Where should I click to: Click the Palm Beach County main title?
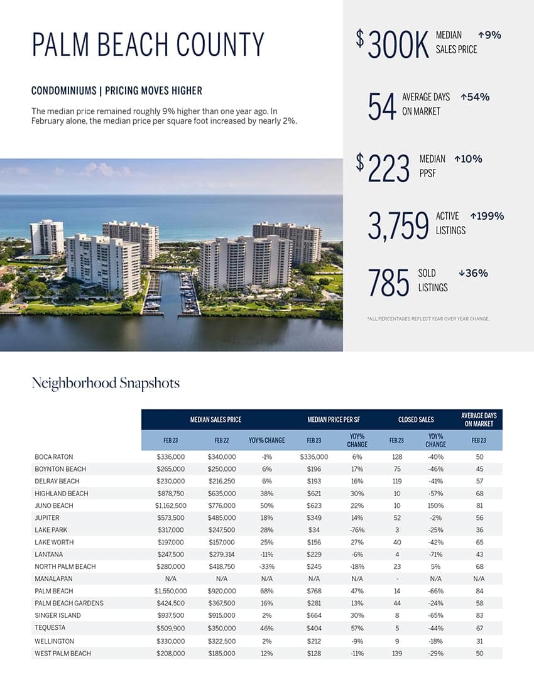pyautogui.click(x=148, y=46)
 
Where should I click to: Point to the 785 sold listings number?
pyautogui.click(x=389, y=283)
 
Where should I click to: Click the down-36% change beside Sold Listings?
pyautogui.click(x=473, y=273)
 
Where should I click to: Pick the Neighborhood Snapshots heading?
pyautogui.click(x=106, y=383)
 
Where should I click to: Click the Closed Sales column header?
pyautogui.click(x=416, y=419)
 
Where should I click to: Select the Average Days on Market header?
pyautogui.click(x=479, y=419)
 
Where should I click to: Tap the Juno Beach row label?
pyautogui.click(x=54, y=505)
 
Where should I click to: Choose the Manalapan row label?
pyautogui.click(x=53, y=579)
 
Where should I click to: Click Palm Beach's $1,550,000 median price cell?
pyautogui.click(x=171, y=591)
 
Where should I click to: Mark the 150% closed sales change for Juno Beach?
pyautogui.click(x=435, y=505)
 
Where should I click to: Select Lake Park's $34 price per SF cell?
pyautogui.click(x=314, y=530)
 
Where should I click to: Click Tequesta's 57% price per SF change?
pyautogui.click(x=357, y=628)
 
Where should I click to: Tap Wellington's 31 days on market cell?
pyautogui.click(x=480, y=641)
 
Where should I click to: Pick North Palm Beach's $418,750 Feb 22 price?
pyautogui.click(x=222, y=566)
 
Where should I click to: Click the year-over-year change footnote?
pyautogui.click(x=428, y=319)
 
